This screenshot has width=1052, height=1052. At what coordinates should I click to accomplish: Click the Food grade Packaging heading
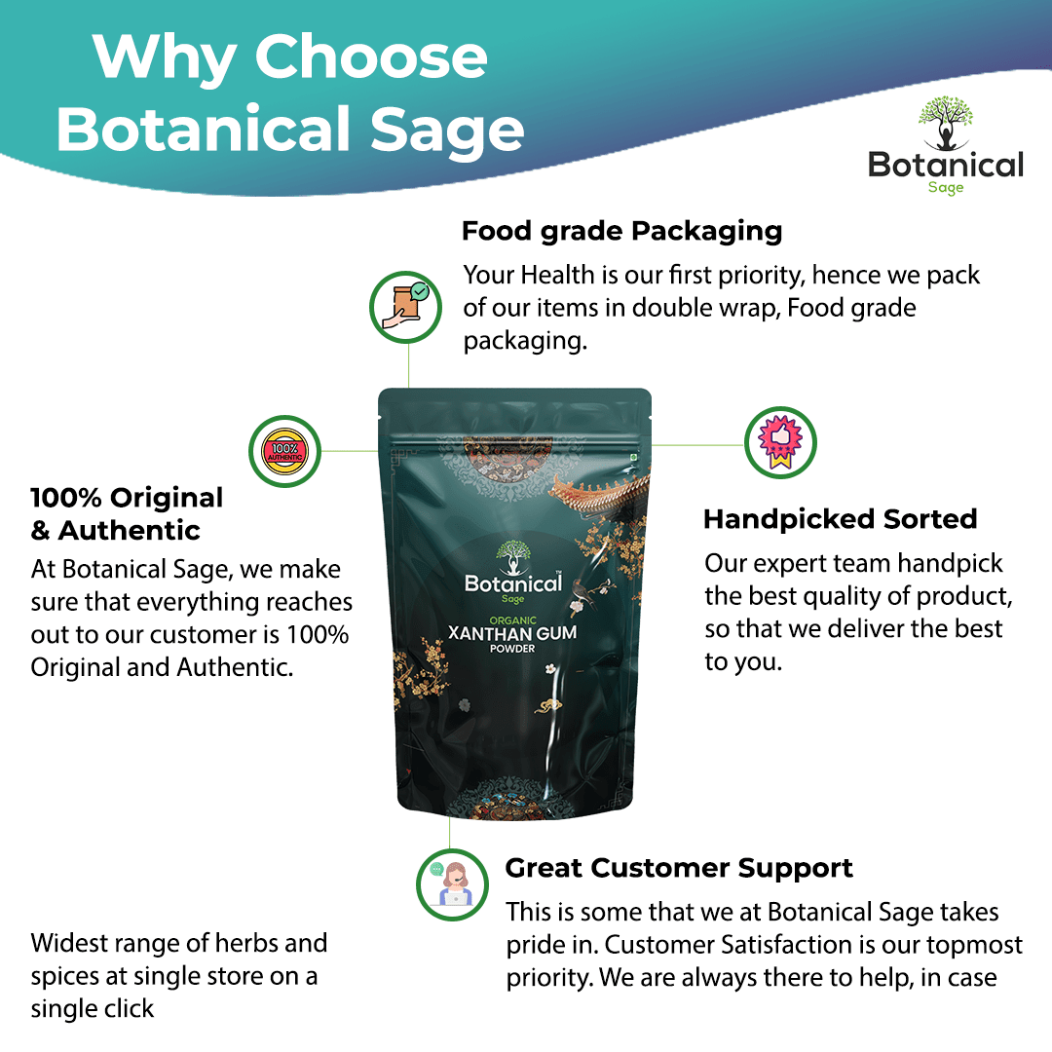tap(621, 232)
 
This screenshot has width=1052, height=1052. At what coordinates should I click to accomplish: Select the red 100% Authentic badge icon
tap(285, 451)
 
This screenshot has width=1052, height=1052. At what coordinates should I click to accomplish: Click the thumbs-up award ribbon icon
tap(780, 444)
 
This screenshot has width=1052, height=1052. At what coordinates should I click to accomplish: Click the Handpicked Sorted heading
tap(840, 519)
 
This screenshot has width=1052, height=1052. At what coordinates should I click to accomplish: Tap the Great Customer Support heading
tap(679, 868)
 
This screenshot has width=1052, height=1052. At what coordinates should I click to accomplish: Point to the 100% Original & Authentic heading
tap(127, 513)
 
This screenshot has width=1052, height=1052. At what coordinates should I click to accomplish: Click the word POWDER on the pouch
tap(512, 650)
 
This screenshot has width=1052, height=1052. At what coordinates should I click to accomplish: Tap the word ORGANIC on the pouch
tap(512, 616)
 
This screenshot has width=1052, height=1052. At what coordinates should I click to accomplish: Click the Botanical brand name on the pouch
tap(512, 583)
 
